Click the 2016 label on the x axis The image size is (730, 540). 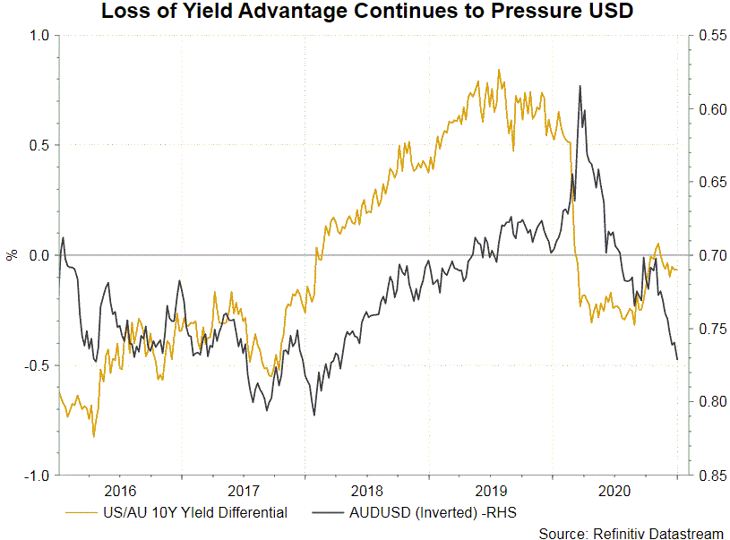pyautogui.click(x=119, y=492)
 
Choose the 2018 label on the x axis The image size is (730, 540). pyautogui.click(x=366, y=492)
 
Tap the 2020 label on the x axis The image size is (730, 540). pyautogui.click(x=614, y=492)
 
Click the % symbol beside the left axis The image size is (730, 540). pyautogui.click(x=12, y=255)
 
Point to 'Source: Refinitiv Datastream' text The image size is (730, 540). pyautogui.click(x=631, y=533)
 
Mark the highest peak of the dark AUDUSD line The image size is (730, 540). pyautogui.click(x=580, y=86)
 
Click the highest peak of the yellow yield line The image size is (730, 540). pyautogui.click(x=499, y=70)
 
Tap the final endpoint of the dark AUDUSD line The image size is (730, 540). pyautogui.click(x=677, y=359)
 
